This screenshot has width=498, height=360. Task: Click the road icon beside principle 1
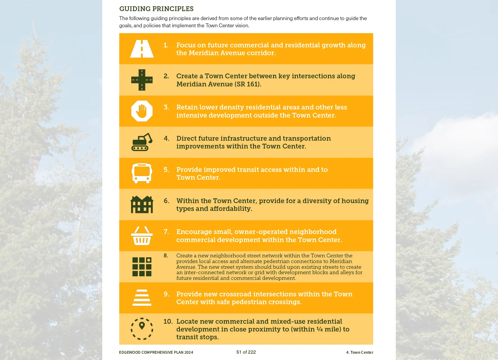(142, 49)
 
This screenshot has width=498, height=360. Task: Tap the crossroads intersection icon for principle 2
(142, 80)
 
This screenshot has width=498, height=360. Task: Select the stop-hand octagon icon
(142, 111)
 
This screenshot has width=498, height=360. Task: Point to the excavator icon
(142, 142)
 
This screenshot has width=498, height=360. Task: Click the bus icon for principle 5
(142, 173)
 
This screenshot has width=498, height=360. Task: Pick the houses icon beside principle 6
(142, 204)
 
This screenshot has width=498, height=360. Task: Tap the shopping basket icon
(142, 235)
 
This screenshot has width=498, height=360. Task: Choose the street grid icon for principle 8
(142, 267)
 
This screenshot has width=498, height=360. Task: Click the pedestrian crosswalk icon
(142, 298)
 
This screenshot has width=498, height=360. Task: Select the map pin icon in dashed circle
(142, 329)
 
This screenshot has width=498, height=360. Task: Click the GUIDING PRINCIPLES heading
(157, 9)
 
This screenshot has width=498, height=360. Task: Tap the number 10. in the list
(168, 321)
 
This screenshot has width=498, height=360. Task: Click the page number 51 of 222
(246, 352)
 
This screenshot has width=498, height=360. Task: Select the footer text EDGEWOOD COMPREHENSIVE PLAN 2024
(156, 352)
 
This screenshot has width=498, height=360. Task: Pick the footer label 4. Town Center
(359, 352)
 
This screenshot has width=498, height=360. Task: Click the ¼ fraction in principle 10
(320, 329)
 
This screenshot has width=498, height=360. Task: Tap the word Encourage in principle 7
(194, 232)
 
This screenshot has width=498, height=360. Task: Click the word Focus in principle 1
(186, 45)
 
